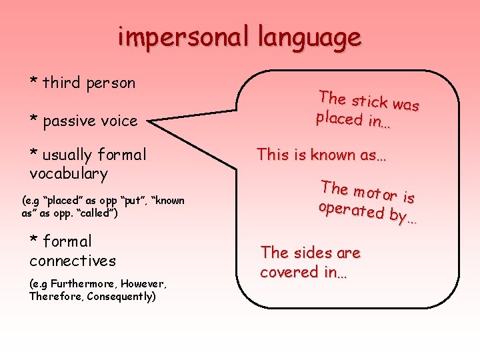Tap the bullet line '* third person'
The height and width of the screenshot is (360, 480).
82,83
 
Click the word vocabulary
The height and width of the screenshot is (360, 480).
68,175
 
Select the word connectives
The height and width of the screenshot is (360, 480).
72,261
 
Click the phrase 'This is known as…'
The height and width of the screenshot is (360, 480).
322,155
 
